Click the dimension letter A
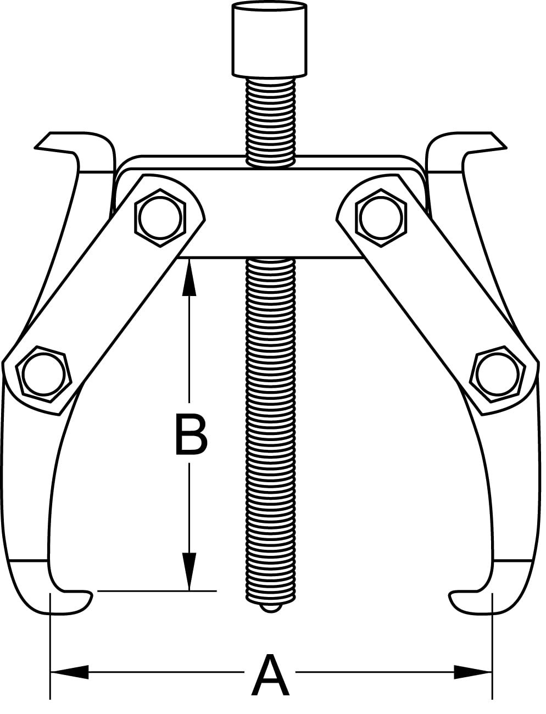(x=270, y=673)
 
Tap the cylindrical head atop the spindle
(x=269, y=38)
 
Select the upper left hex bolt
(x=160, y=217)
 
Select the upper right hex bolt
(x=381, y=217)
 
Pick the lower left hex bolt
(x=43, y=375)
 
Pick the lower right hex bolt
(x=498, y=375)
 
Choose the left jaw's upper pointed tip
(x=35, y=148)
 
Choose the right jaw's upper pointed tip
(x=506, y=148)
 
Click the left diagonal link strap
(x=103, y=295)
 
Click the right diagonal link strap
(x=437, y=295)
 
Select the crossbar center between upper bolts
(x=271, y=213)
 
